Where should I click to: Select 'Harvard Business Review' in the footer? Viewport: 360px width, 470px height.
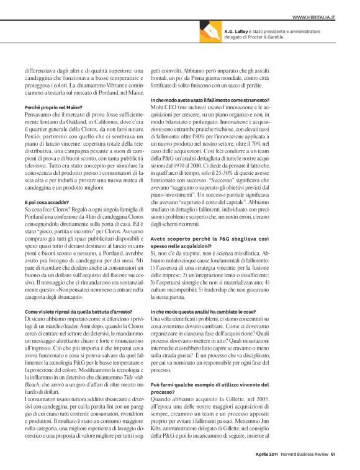click(x=305, y=459)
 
